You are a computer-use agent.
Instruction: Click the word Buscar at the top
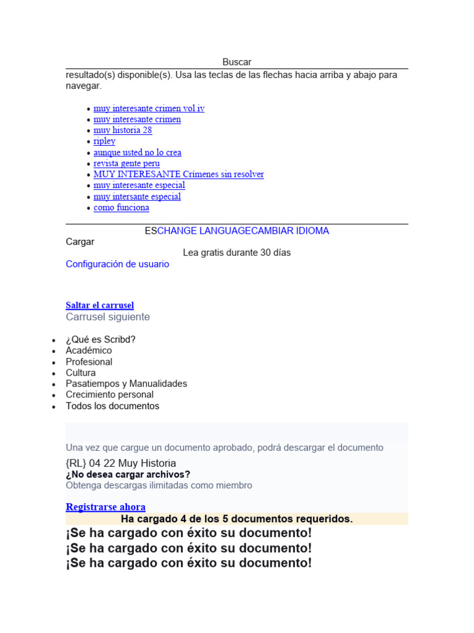pos(237,62)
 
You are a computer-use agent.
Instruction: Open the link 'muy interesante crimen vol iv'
pos(149,108)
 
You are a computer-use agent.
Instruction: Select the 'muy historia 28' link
pos(123,130)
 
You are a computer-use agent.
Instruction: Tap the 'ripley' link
pos(104,141)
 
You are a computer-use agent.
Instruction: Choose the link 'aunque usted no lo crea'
pos(137,153)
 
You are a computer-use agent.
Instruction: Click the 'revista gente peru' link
pos(127,163)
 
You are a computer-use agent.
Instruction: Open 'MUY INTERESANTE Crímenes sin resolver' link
pos(178,174)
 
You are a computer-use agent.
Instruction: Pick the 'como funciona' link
pos(121,208)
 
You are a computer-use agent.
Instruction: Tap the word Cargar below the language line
pos(80,242)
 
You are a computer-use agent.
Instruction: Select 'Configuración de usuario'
pos(117,264)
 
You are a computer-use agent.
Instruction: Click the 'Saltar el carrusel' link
pos(100,305)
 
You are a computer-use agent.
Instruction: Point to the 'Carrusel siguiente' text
pos(107,316)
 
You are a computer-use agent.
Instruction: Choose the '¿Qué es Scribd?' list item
pos(101,339)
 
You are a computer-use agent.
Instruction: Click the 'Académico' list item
pos(89,350)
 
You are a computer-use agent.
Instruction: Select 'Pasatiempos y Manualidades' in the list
pos(127,384)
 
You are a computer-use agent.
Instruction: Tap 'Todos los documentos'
pos(112,406)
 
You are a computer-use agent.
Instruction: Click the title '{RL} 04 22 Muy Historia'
pos(121,463)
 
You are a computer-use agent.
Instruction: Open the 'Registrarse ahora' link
pos(106,507)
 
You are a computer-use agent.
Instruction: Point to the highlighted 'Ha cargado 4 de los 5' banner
pos(237,519)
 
